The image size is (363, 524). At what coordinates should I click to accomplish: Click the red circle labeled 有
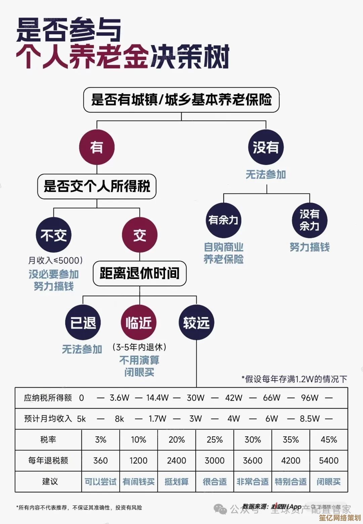click(x=97, y=147)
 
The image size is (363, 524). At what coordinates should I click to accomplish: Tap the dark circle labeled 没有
click(x=266, y=147)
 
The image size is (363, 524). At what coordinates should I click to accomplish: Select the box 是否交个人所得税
click(x=97, y=186)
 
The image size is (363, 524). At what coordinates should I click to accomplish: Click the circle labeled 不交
click(x=54, y=235)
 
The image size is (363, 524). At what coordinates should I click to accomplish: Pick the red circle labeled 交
click(x=139, y=235)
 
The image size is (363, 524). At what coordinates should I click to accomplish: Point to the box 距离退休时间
click(x=139, y=273)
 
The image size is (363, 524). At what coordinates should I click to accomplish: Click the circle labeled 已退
click(x=83, y=323)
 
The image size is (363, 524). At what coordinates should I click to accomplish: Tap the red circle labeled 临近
click(x=138, y=323)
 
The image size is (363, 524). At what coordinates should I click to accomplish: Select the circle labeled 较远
click(x=196, y=323)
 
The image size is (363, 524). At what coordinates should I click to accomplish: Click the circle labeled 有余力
click(x=224, y=220)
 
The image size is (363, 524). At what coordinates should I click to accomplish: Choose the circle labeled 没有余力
click(x=309, y=220)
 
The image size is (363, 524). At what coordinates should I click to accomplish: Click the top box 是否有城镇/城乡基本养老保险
click(x=181, y=100)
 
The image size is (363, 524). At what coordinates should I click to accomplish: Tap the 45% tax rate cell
click(x=329, y=440)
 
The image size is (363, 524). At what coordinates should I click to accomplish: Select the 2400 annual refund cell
click(x=176, y=460)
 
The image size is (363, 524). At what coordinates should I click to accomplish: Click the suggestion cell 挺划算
click(x=176, y=482)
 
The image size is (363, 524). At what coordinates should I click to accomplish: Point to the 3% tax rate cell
click(x=100, y=440)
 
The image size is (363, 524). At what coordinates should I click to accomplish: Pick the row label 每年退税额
click(x=48, y=460)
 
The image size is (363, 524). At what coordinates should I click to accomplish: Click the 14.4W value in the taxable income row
click(x=157, y=398)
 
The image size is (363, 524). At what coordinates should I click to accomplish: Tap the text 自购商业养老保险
click(x=224, y=253)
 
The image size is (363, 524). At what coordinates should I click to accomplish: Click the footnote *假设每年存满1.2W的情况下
click(x=294, y=379)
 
